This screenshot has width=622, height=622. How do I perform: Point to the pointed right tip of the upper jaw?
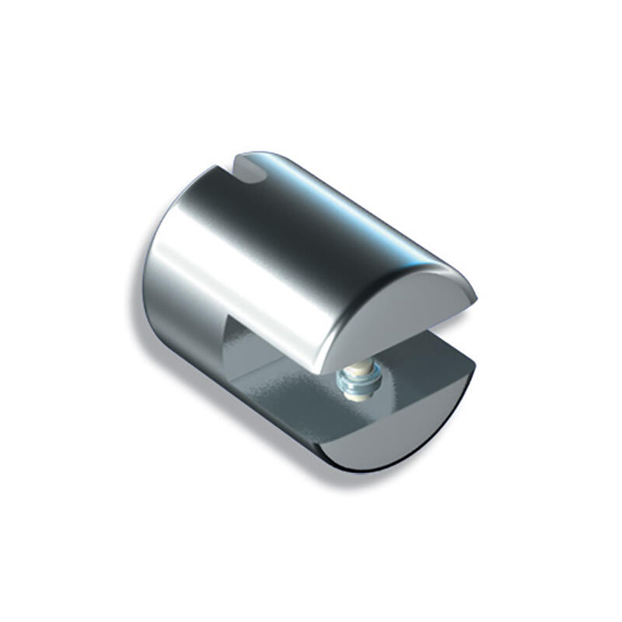(x=474, y=295)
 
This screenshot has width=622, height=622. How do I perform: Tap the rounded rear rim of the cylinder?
(x=155, y=257)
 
